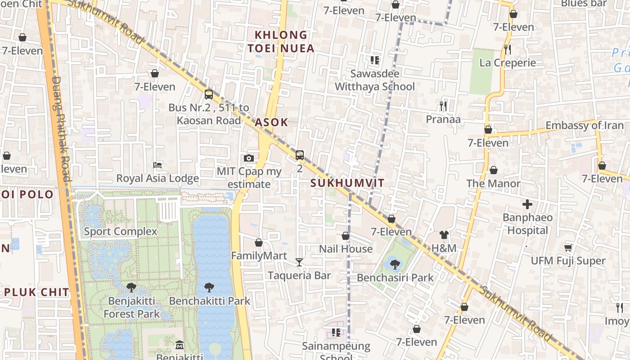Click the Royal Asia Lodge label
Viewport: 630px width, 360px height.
pyautogui.click(x=157, y=178)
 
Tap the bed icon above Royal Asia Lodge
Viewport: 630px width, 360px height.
pyautogui.click(x=157, y=165)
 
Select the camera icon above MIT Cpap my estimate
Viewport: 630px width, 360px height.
pyautogui.click(x=248, y=158)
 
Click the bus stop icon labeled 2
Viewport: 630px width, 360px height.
pyautogui.click(x=300, y=155)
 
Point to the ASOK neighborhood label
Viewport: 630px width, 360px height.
pyautogui.click(x=271, y=122)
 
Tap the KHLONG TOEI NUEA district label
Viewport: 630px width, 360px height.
pyautogui.click(x=281, y=41)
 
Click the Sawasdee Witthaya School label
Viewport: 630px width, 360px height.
pyautogui.click(x=375, y=80)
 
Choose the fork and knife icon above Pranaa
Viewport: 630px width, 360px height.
pyautogui.click(x=444, y=106)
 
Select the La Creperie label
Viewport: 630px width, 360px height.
pyautogui.click(x=508, y=63)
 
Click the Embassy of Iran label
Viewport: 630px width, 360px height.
pyautogui.click(x=585, y=126)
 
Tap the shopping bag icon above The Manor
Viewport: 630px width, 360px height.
pyautogui.click(x=494, y=170)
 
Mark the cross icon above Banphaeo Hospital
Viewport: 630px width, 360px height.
pyautogui.click(x=527, y=205)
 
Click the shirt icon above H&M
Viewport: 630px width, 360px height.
pyautogui.click(x=444, y=235)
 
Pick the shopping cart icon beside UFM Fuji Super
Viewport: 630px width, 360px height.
pyautogui.click(x=568, y=247)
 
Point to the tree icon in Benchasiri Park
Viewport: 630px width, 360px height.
pyautogui.click(x=395, y=265)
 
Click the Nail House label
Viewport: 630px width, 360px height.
pyautogui.click(x=346, y=249)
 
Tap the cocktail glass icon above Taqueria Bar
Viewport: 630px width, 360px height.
pyautogui.click(x=299, y=262)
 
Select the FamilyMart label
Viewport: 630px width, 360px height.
pyautogui.click(x=259, y=256)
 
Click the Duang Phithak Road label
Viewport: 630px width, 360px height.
pyautogui.click(x=62, y=129)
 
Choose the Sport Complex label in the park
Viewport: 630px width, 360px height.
pyautogui.click(x=121, y=231)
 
